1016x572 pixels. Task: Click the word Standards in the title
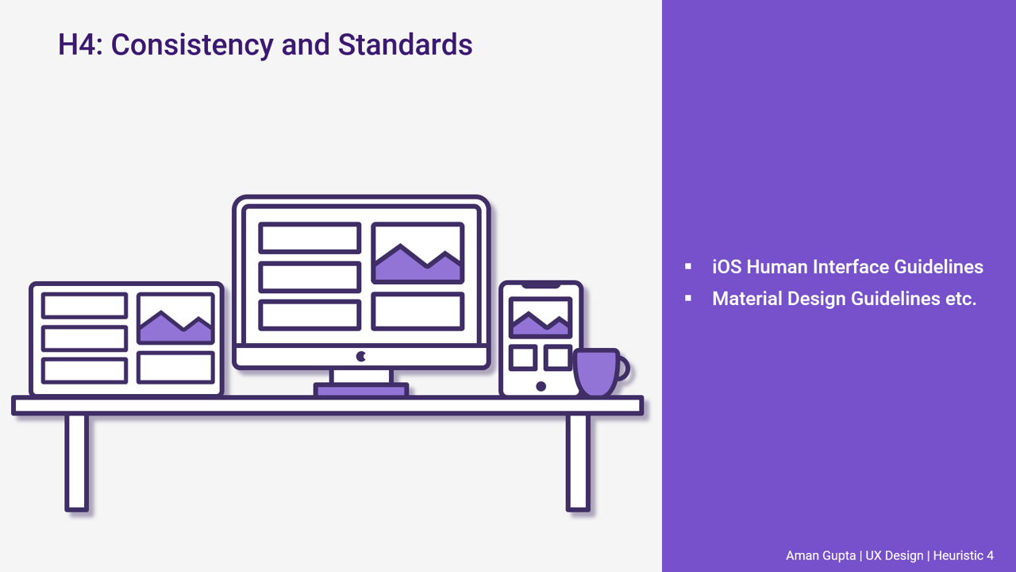coord(405,44)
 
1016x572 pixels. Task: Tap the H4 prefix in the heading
coord(78,44)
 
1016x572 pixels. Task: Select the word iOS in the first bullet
coord(726,267)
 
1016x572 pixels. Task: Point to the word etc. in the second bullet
coord(958,300)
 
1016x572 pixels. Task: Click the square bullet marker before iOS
coord(688,267)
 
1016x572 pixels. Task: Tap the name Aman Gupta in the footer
coord(821,556)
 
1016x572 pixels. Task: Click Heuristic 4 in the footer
coord(963,556)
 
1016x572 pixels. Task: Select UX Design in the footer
coord(894,556)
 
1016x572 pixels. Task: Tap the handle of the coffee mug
coord(623,368)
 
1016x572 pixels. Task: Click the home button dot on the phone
coord(541,386)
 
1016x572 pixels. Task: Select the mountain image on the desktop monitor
coord(418,253)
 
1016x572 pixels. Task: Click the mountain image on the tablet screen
coord(175,319)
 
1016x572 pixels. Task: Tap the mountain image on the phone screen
coord(541,318)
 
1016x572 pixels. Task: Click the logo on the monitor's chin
coord(361,357)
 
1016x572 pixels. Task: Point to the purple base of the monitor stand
coord(361,390)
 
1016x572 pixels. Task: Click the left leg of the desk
coord(77,462)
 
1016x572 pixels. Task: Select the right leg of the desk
coord(578,462)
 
